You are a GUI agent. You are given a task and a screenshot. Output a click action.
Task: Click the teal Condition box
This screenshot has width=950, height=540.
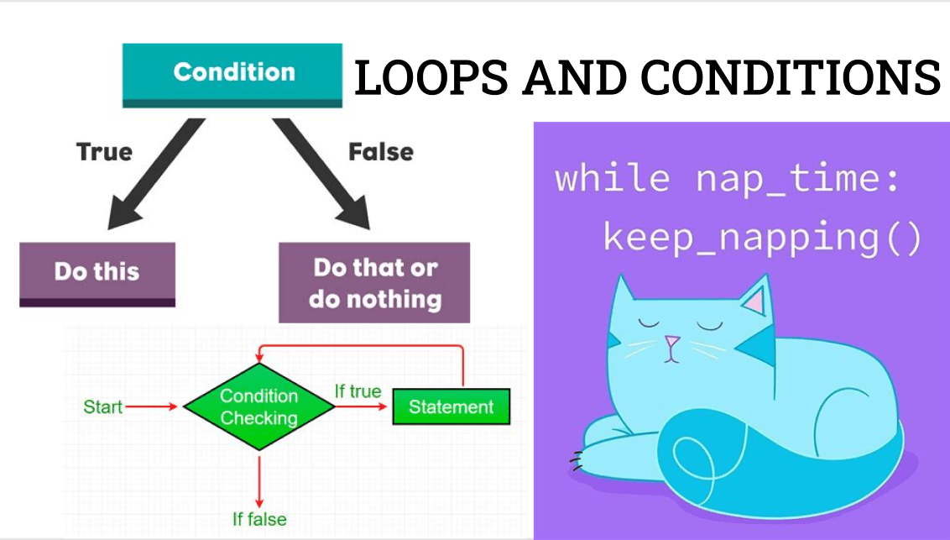point(233,73)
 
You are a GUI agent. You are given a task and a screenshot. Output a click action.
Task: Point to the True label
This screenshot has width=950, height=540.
point(104,152)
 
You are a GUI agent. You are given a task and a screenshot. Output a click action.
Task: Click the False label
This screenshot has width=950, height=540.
point(381,152)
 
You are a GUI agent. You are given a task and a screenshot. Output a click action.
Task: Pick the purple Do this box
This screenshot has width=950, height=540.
point(97,273)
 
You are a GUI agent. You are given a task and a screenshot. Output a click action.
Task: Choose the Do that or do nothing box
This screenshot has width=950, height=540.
point(374,283)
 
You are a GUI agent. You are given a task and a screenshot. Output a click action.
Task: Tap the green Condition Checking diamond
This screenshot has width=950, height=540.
point(259,407)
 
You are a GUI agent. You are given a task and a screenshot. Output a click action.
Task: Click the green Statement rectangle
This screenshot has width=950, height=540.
point(451,407)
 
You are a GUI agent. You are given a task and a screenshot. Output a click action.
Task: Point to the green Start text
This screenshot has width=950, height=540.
point(102,407)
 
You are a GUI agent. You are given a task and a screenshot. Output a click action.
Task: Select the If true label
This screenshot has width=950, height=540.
point(358,391)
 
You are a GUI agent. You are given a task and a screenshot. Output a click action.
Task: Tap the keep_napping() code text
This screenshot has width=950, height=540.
point(762,238)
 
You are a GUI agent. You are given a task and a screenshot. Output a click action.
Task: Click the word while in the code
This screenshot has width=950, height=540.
point(612,179)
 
